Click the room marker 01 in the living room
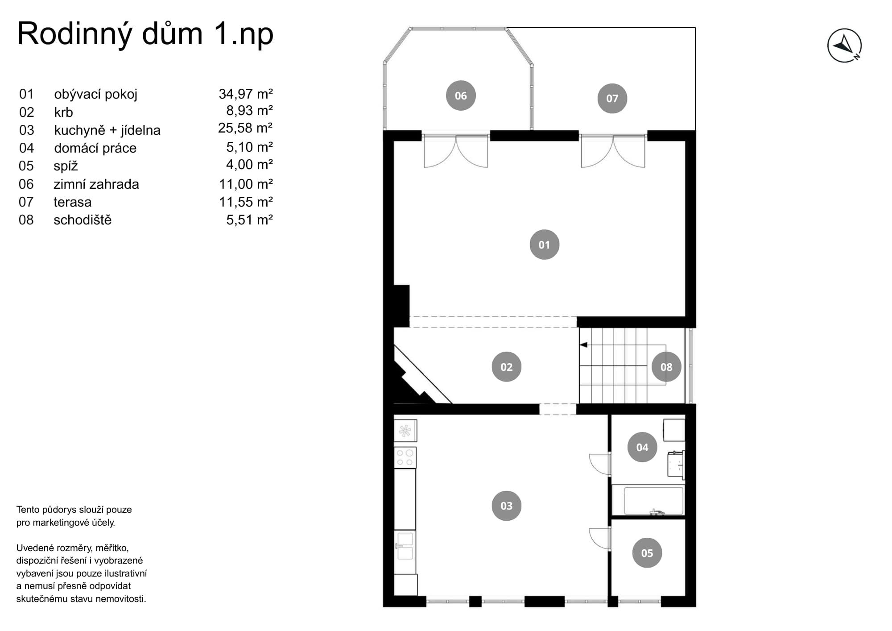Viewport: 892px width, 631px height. [x=544, y=245]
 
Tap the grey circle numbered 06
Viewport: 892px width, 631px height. [x=461, y=95]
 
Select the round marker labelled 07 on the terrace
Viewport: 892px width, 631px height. [x=612, y=98]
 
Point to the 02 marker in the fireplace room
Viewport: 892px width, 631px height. [x=506, y=367]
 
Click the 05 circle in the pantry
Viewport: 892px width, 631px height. [x=647, y=553]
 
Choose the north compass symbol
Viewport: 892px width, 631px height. [x=844, y=46]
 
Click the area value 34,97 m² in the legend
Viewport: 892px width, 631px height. [x=246, y=94]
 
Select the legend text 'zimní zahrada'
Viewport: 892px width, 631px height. [x=96, y=184]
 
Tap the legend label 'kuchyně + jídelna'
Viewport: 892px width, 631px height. [x=107, y=130]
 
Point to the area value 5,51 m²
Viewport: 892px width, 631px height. [x=249, y=220]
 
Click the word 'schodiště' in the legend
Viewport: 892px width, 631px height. [x=83, y=220]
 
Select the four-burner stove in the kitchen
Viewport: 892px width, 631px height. [x=405, y=457]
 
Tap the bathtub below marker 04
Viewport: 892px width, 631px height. [x=654, y=501]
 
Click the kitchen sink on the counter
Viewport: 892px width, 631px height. [x=405, y=546]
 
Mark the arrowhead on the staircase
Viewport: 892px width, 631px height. [x=583, y=345]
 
